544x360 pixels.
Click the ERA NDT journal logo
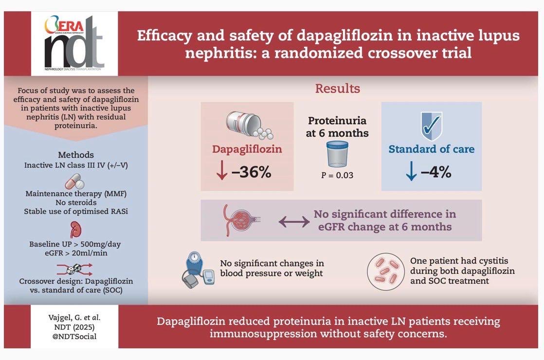[74, 43]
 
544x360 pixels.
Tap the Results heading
[337, 89]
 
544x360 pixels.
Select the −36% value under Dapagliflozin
[252, 172]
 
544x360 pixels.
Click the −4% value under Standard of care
[436, 172]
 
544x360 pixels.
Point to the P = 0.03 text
[337, 175]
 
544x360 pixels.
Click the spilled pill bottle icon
[249, 125]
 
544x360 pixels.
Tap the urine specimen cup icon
[337, 154]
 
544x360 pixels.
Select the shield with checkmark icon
[432, 126]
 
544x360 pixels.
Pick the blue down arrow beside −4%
[411, 171]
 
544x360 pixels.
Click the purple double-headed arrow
[294, 221]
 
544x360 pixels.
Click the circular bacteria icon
[386, 271]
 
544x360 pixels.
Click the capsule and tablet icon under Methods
[74, 181]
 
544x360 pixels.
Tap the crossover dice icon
[74, 269]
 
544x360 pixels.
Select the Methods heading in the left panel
[76, 155]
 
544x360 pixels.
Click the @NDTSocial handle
[74, 337]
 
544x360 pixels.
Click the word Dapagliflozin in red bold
[247, 149]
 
